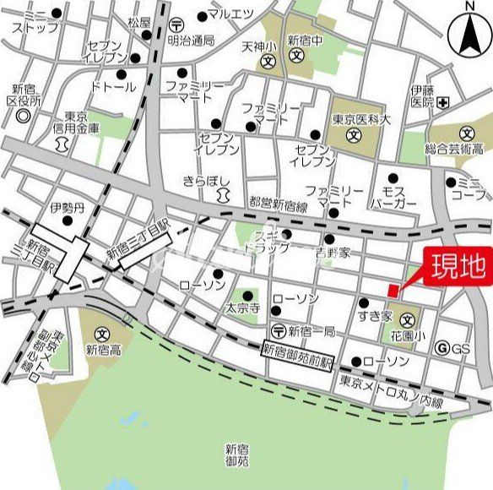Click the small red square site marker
392,291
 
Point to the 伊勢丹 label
63,207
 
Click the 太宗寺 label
241,309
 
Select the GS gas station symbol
441,348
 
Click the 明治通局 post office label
192,40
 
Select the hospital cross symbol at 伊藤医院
444,102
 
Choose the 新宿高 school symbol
102,331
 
